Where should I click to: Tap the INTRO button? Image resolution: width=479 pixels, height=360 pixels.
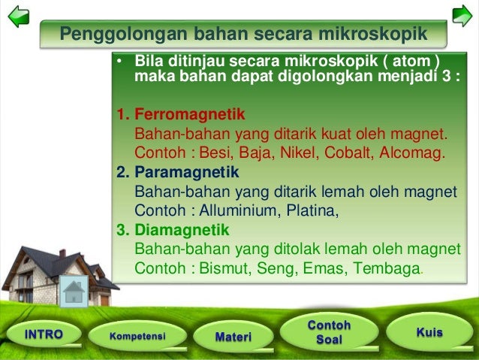coord(44,334)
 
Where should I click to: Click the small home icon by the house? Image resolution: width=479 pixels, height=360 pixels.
coord(73,291)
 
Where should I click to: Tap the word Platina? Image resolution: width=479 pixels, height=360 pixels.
coord(312,210)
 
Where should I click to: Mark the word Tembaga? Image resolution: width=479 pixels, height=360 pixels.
coord(387,268)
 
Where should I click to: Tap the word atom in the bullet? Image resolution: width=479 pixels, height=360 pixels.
coord(408,62)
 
